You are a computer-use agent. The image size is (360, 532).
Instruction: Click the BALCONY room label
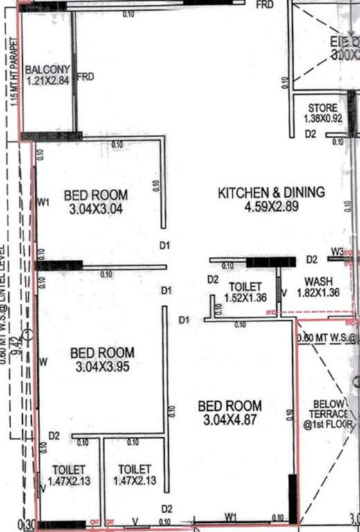pos(47,69)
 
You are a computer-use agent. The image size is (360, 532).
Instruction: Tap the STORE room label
pos(323,108)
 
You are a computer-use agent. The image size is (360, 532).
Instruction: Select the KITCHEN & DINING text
pos(271,193)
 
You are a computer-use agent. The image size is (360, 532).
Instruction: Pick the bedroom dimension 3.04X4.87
pos(230,419)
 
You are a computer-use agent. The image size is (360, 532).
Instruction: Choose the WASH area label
pos(318,281)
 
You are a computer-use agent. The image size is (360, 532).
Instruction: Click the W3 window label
pos(337,251)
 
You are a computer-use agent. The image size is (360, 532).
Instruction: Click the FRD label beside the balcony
pos(85,76)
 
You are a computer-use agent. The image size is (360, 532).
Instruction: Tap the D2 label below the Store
pos(311,134)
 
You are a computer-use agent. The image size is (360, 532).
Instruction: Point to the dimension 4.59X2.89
pos(271,206)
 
